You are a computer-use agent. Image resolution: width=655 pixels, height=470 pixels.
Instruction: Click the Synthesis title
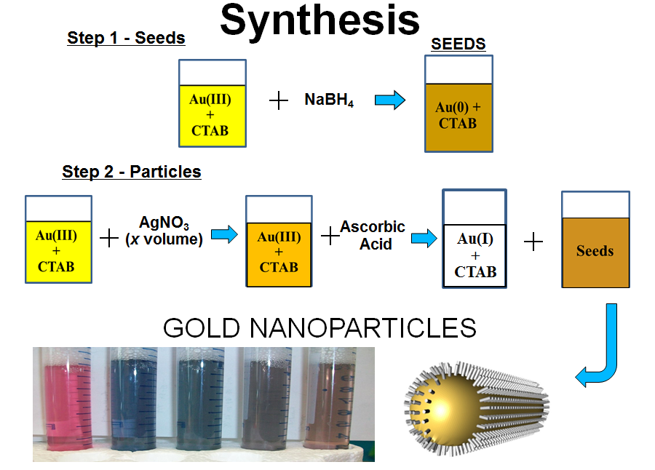click(319, 20)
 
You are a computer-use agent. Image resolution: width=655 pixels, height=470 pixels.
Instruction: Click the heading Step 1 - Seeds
click(126, 38)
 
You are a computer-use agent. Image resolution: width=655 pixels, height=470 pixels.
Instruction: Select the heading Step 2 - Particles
click(132, 172)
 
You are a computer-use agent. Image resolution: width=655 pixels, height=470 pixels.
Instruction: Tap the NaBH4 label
click(329, 100)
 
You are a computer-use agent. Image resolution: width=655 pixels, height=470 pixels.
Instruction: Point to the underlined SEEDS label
click(458, 44)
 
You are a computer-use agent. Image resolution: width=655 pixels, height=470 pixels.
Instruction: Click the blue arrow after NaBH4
click(390, 100)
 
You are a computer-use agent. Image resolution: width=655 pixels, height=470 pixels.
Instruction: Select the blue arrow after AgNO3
click(224, 234)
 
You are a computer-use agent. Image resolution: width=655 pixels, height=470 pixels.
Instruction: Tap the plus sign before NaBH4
click(279, 100)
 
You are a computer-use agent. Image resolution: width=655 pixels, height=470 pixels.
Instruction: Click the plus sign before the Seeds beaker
click(533, 242)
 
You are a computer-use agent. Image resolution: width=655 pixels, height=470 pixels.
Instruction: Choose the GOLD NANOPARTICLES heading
click(319, 328)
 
